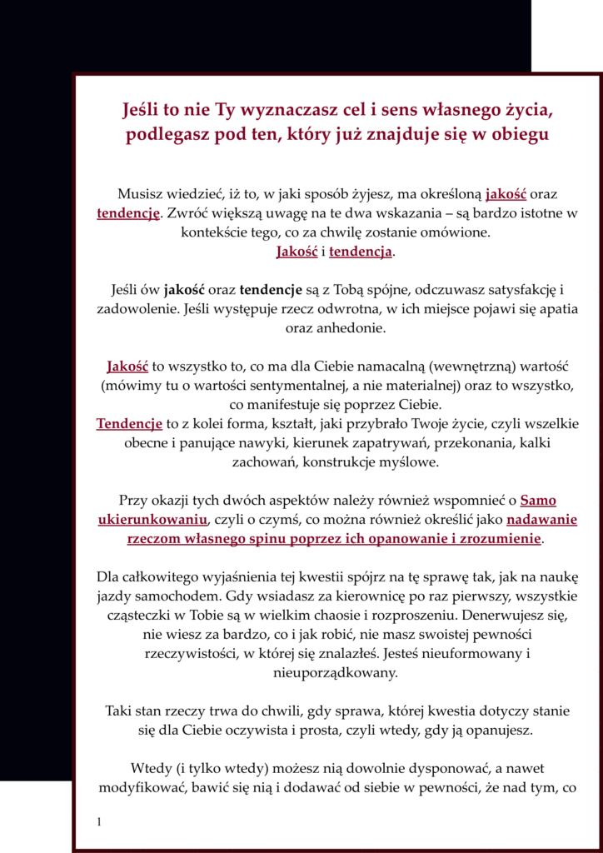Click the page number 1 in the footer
[x=99, y=822]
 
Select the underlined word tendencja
[x=361, y=252]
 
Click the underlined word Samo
[x=538, y=501]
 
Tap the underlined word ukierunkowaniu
[x=152, y=520]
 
